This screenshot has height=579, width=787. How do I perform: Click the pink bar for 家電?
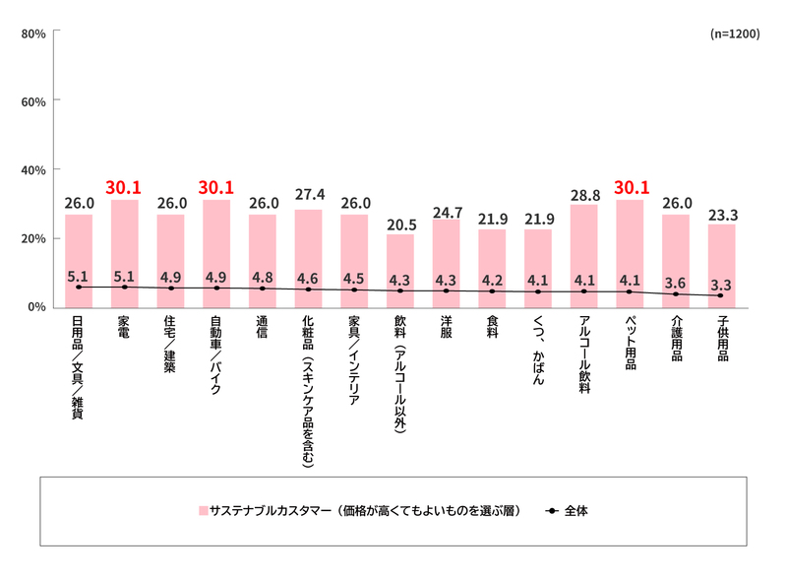pos(124,252)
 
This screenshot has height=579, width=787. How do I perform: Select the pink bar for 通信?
pos(262,260)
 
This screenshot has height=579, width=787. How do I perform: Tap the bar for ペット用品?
pos(630,252)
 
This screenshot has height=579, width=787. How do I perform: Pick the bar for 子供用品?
pos(721,266)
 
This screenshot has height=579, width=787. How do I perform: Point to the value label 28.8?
pos(583,192)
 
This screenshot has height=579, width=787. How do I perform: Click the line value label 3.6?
pos(676,283)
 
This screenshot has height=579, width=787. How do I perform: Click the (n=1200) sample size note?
pos(733,33)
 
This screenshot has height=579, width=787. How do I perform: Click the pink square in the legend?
pos(203,511)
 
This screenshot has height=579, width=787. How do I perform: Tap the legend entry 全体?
pos(575,511)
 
